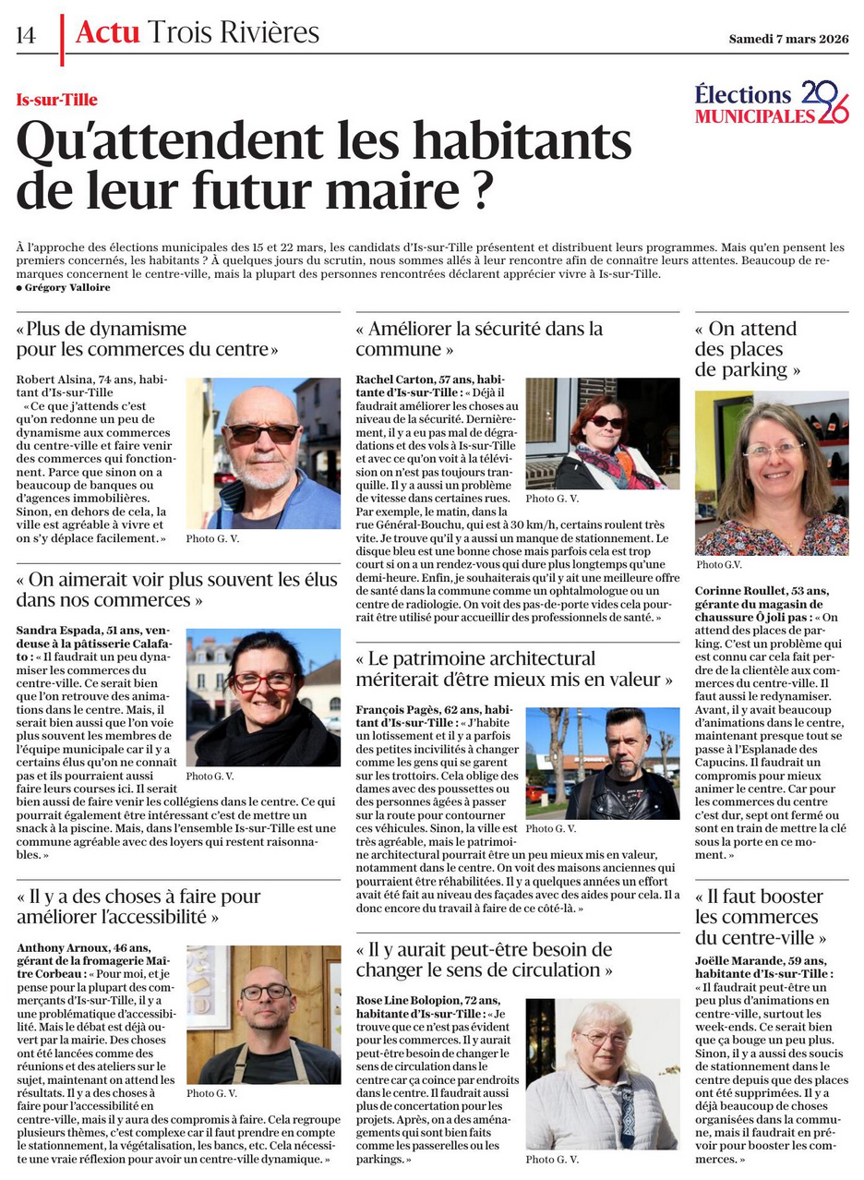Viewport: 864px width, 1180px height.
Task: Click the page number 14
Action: pyautogui.click(x=26, y=35)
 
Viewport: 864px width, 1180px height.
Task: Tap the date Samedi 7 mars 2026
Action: pyautogui.click(x=787, y=39)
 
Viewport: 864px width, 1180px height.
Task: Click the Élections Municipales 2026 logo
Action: pyautogui.click(x=772, y=102)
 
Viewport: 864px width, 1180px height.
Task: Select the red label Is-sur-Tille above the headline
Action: pyautogui.click(x=56, y=100)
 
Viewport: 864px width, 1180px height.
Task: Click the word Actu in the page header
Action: pyautogui.click(x=107, y=33)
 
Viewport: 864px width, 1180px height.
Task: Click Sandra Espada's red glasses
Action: pyautogui.click(x=263, y=680)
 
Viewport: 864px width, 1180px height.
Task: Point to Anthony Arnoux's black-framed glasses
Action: pyautogui.click(x=265, y=993)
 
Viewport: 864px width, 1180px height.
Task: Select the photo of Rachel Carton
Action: pyautogui.click(x=603, y=433)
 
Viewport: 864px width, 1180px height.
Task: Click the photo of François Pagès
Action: pyautogui.click(x=603, y=763)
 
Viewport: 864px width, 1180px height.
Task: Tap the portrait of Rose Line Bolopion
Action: pyautogui.click(x=603, y=1073)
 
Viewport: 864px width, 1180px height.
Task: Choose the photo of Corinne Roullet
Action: pyautogui.click(x=771, y=472)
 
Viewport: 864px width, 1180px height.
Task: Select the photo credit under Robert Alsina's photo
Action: pyautogui.click(x=212, y=538)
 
